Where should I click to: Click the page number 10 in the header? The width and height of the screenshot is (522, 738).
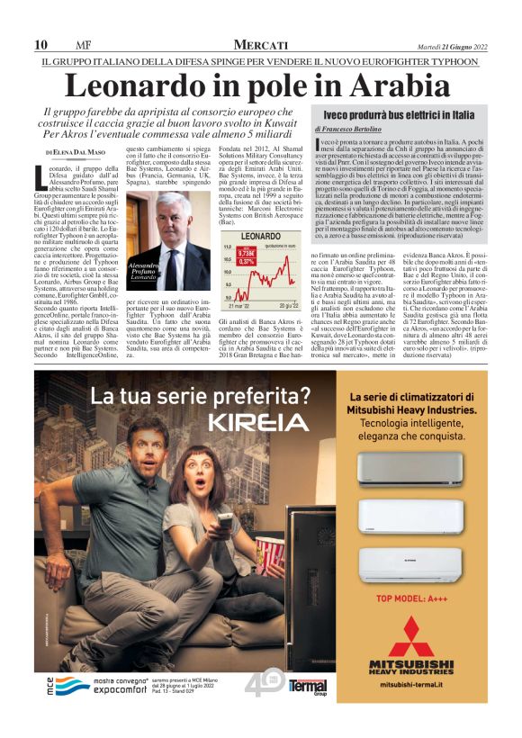(x=41, y=45)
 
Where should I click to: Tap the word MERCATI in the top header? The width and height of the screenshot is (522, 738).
(x=261, y=45)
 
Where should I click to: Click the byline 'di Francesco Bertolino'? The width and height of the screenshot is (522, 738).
(x=351, y=130)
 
